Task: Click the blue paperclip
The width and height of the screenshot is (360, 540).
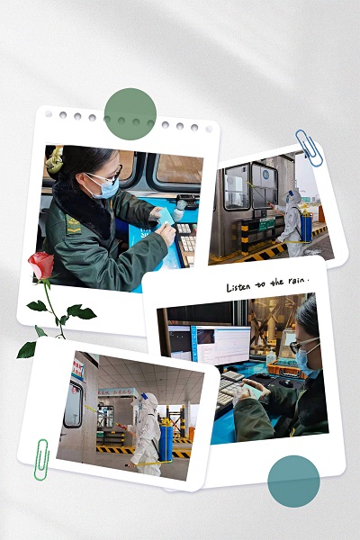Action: pyautogui.click(x=309, y=148)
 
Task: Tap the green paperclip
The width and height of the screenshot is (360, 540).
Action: pyautogui.click(x=41, y=459)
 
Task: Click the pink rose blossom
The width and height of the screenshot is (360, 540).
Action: pyautogui.click(x=41, y=265)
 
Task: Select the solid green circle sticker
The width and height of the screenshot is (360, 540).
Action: pyautogui.click(x=130, y=114)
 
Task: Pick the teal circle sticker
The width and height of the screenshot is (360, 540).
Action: pyautogui.click(x=293, y=481)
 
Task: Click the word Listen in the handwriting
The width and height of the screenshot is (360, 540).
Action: pyautogui.click(x=238, y=287)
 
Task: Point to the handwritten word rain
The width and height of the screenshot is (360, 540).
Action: pyautogui.click(x=297, y=281)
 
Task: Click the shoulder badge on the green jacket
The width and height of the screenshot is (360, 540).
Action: pyautogui.click(x=73, y=225)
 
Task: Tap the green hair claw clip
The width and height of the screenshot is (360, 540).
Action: pyautogui.click(x=54, y=160)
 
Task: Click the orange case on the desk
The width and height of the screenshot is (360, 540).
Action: pyautogui.click(x=286, y=370)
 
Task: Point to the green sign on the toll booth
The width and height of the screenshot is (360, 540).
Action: pyautogui.click(x=267, y=224)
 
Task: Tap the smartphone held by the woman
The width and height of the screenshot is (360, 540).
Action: pyautogui.click(x=254, y=391)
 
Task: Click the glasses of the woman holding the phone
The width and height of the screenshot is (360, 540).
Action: pyautogui.click(x=302, y=345)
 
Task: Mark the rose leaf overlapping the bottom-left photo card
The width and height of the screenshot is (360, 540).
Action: pyautogui.click(x=27, y=349)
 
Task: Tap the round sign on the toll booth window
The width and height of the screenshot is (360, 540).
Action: pyautogui.click(x=265, y=175)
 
